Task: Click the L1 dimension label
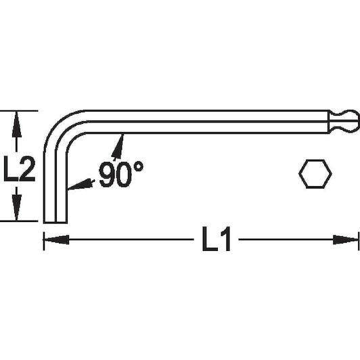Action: pyautogui.click(x=217, y=239)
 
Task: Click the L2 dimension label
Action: pyautogui.click(x=19, y=169)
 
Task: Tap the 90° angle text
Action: pyautogui.click(x=121, y=174)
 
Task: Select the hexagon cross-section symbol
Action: pyautogui.click(x=315, y=174)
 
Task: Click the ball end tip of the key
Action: pyautogui.click(x=351, y=121)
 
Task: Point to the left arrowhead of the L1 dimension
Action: pyautogui.click(x=56, y=240)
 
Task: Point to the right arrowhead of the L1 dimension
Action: pyautogui.click(x=346, y=240)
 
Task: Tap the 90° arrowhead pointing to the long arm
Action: pyautogui.click(x=118, y=146)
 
